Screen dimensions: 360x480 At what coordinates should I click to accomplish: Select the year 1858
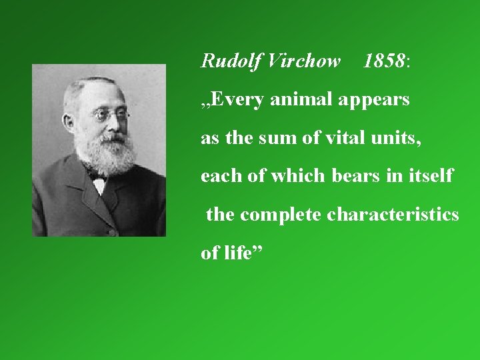[x=385, y=62]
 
